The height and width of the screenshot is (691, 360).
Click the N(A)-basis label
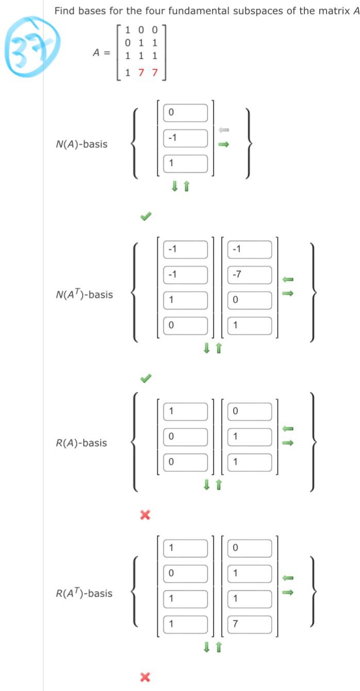coord(81,144)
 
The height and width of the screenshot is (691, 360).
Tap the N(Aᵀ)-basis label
coord(84,295)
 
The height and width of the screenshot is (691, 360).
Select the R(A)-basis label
coord(81,442)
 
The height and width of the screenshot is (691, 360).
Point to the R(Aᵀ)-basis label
coord(84,593)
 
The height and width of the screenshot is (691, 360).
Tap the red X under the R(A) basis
coord(146,514)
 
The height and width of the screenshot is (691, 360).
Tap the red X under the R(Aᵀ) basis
coord(146,676)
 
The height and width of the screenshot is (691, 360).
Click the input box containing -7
coord(250,274)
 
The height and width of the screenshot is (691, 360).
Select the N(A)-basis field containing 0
coord(186,112)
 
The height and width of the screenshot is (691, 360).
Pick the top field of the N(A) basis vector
coord(186,112)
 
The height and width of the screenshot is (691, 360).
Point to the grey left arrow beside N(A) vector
coord(223,130)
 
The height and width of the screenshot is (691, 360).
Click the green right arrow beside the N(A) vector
coord(223,145)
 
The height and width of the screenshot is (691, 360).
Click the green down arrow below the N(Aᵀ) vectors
coord(207,349)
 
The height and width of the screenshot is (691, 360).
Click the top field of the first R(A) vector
coord(186,412)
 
